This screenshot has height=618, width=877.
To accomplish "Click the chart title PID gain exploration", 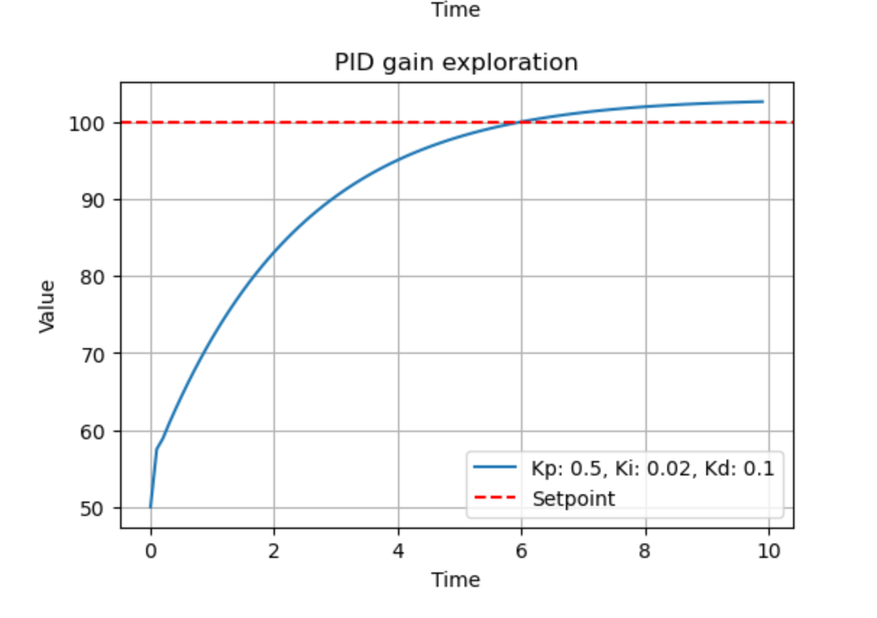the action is tap(456, 63).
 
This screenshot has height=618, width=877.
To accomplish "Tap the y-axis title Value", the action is tap(47, 307).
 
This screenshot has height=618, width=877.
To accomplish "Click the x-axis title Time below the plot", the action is tap(456, 580).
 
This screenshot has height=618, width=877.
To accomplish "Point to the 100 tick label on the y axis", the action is tap(87, 124).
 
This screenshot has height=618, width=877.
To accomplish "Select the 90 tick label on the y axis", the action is tap(93, 201).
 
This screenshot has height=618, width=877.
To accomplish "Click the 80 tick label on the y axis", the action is tap(93, 278).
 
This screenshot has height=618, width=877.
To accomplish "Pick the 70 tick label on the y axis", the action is tap(93, 355).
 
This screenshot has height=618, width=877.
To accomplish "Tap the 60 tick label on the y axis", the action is tap(93, 432).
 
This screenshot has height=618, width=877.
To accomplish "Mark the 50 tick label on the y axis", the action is tap(93, 509).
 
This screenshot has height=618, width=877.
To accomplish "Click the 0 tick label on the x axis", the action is tap(151, 551).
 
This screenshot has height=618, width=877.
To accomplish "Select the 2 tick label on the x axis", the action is tap(274, 551).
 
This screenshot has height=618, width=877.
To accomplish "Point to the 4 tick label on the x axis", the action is tap(398, 551).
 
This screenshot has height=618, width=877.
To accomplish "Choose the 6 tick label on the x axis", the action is tap(522, 551).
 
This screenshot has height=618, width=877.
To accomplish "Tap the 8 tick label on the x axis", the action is tap(645, 551).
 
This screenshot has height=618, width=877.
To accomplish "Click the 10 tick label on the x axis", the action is tap(769, 551).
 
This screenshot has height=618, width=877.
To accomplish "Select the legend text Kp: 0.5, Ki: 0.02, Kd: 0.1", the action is tap(653, 468).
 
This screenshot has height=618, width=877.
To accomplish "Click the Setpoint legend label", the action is tap(574, 499).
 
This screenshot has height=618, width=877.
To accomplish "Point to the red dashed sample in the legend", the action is tap(495, 497).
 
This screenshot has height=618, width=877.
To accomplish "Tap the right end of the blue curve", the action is tap(763, 102).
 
